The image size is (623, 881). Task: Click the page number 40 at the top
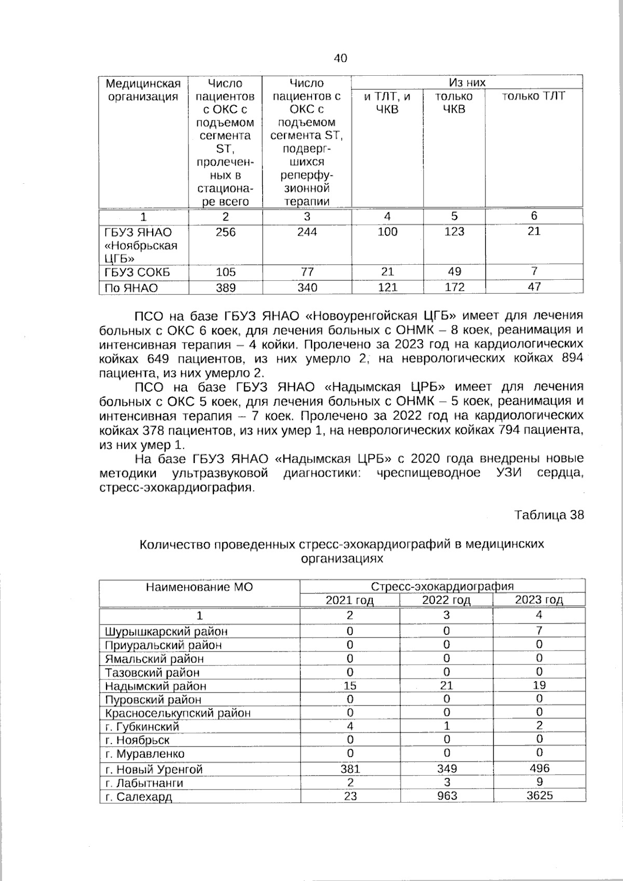coord(340,58)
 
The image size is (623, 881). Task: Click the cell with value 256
coord(225,232)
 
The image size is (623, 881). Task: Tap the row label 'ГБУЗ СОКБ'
coord(137,273)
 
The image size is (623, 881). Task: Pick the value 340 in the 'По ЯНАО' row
coord(307,288)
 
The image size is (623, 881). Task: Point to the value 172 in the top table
coord(454,287)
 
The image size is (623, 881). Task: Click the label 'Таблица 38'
coord(549,515)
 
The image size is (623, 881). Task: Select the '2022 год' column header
coord(446,601)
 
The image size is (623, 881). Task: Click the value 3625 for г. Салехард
coord(539,796)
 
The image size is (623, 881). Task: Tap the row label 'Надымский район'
coord(155,686)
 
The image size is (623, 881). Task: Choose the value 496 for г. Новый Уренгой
coord(539,768)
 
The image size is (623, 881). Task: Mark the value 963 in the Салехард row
coord(446,796)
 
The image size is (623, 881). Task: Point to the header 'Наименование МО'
coord(199,587)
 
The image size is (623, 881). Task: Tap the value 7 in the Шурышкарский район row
coord(539,631)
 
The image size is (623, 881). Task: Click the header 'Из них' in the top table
coord(467,83)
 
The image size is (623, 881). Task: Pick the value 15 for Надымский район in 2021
coord(350,686)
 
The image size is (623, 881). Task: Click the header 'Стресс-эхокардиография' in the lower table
coord(442,587)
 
